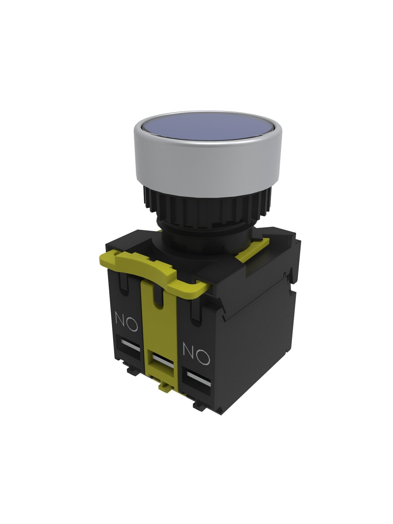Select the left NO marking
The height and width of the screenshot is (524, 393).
coord(126,321)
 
